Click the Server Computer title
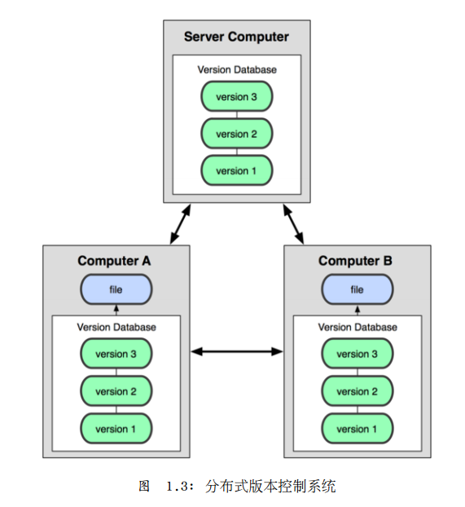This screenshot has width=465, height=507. pyautogui.click(x=236, y=37)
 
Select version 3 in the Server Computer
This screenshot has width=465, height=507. pyautogui.click(x=237, y=96)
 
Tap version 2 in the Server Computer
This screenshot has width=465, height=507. pyautogui.click(x=237, y=134)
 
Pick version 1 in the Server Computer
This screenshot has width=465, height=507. pyautogui.click(x=237, y=170)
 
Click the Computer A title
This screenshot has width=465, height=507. pyautogui.click(x=114, y=261)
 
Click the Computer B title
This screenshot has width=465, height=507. pyautogui.click(x=355, y=261)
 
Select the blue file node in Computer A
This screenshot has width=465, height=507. pyautogui.click(x=116, y=289)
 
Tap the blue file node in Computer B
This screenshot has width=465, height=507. pyautogui.click(x=357, y=289)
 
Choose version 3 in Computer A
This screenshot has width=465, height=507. pyautogui.click(x=116, y=354)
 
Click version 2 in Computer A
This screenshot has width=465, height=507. pyautogui.click(x=116, y=391)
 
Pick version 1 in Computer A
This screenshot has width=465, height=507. pyautogui.click(x=116, y=429)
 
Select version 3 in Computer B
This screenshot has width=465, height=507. pyautogui.click(x=357, y=354)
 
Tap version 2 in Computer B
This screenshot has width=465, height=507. pyautogui.click(x=357, y=391)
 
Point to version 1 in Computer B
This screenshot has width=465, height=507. pyautogui.click(x=357, y=429)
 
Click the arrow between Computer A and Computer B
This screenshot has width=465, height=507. pyautogui.click(x=237, y=351)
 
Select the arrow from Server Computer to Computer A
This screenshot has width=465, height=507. pyautogui.click(x=180, y=224)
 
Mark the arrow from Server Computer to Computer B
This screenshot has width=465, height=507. pyautogui.click(x=293, y=224)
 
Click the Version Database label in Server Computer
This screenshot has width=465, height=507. pyautogui.click(x=237, y=69)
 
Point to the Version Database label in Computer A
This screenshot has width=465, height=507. pyautogui.click(x=116, y=327)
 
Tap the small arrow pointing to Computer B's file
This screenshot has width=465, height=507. pyautogui.click(x=358, y=310)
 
